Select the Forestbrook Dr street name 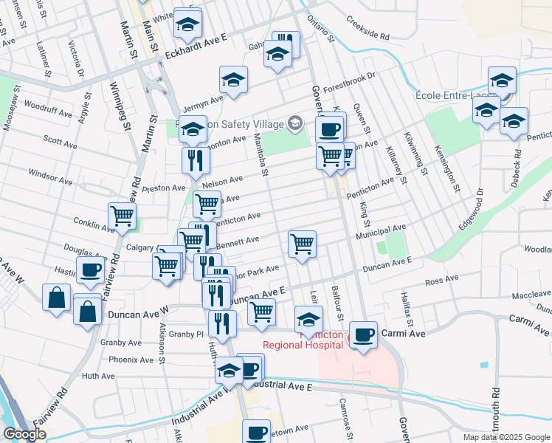(x=348, y=80)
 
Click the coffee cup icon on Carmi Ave (x=363, y=334)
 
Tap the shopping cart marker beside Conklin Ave (x=123, y=216)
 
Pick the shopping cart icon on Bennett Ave (x=302, y=242)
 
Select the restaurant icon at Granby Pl (x=221, y=322)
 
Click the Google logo (x=25, y=433)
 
